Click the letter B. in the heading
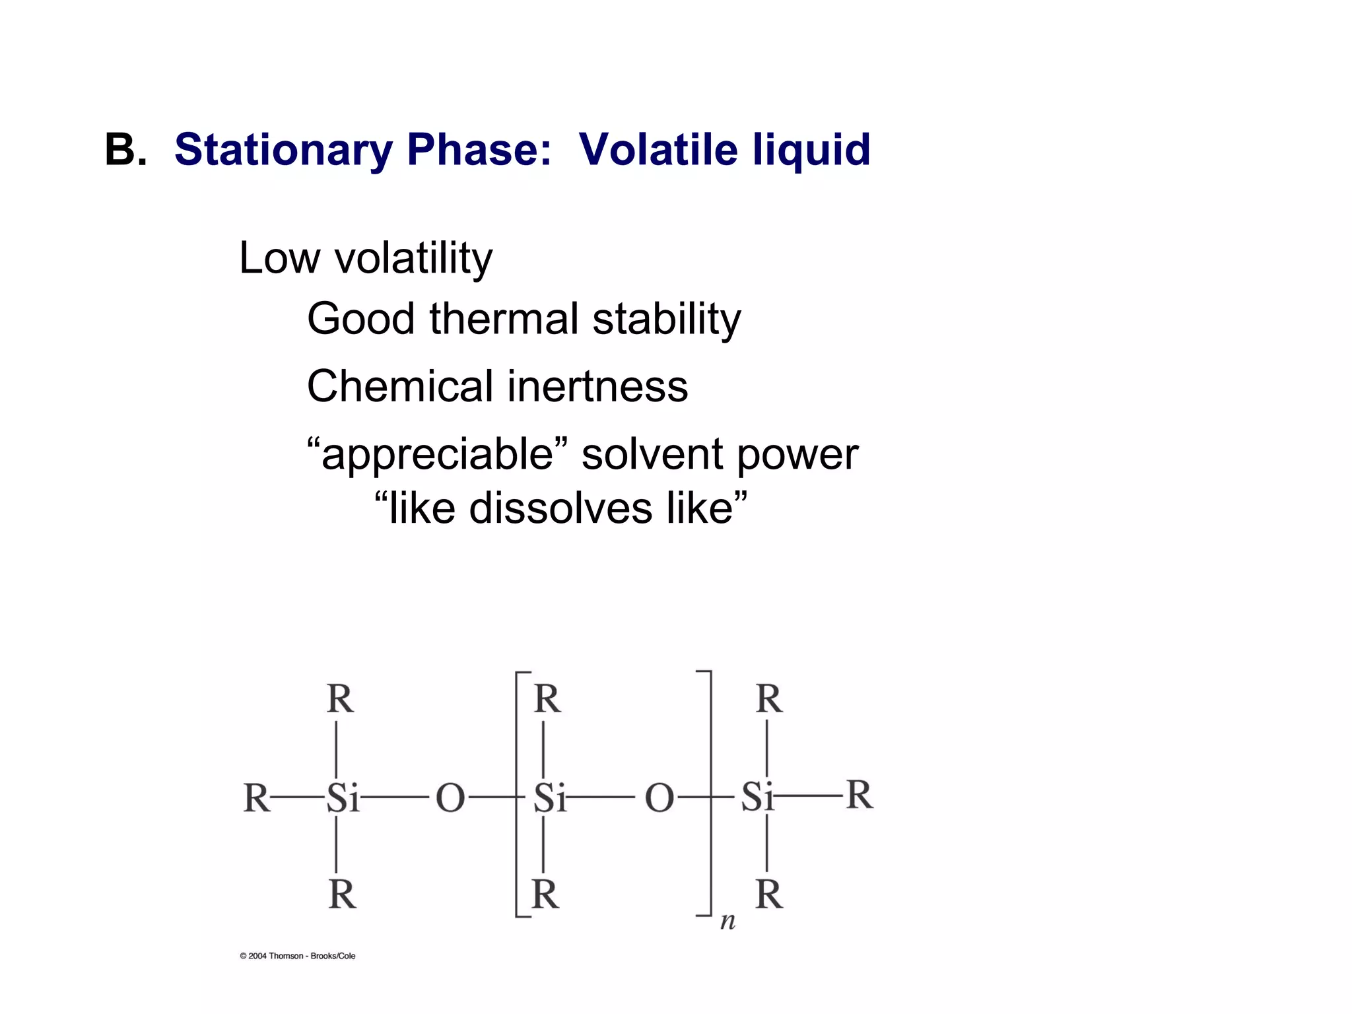pyautogui.click(x=125, y=150)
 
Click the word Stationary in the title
pyautogui.click(x=283, y=150)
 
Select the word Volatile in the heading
pyautogui.click(x=658, y=150)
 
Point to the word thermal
pyautogui.click(x=505, y=319)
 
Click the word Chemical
pyautogui.click(x=399, y=386)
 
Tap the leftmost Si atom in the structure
pyautogui.click(x=343, y=797)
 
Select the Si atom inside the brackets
pyautogui.click(x=550, y=797)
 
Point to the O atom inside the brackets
pyautogui.click(x=659, y=797)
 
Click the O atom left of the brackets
pyautogui.click(x=450, y=797)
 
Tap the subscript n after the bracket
pyautogui.click(x=727, y=921)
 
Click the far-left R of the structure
pyautogui.click(x=257, y=797)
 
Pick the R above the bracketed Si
pyautogui.click(x=547, y=699)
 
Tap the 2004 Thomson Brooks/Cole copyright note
pyautogui.click(x=297, y=956)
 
